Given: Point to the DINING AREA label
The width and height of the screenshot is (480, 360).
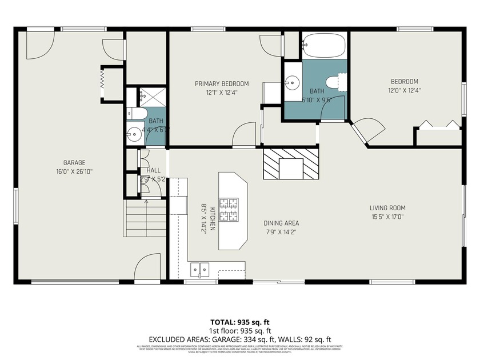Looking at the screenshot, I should tap(281, 223).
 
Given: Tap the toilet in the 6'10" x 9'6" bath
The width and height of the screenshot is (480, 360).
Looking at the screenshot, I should tap(337, 82).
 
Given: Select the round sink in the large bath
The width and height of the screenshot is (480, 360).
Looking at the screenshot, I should tap(293, 82).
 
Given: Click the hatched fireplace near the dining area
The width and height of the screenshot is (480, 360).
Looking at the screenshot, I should tap(291, 164).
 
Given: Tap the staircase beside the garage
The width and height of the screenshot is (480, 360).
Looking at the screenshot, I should tap(145, 219).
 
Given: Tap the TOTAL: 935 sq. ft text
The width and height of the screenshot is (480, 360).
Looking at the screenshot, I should tap(239, 322).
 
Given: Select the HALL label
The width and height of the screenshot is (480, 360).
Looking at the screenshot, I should tap(153, 170).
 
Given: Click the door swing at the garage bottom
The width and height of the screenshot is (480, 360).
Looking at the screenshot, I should tap(145, 269).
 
